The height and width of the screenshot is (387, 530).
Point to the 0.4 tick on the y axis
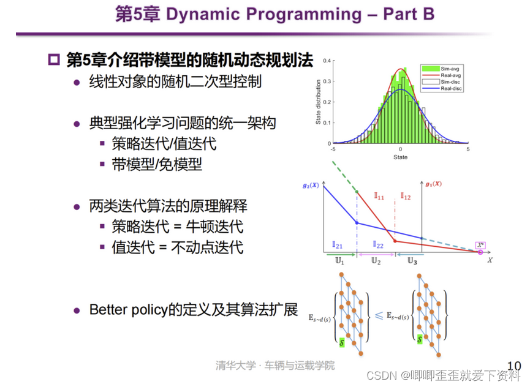[327, 61]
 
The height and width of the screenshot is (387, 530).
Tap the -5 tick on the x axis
[333, 149]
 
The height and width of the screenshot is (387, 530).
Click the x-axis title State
[400, 157]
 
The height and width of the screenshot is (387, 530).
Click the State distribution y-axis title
[318, 102]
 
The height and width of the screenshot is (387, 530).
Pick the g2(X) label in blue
[311, 186]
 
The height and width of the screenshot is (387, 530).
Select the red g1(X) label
[434, 184]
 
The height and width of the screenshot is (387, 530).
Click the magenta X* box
[480, 246]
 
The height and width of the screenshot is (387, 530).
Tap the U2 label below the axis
[376, 261]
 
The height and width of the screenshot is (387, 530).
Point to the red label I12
[406, 196]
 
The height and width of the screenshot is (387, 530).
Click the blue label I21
[338, 245]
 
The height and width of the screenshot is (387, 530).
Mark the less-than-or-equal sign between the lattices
[379, 316]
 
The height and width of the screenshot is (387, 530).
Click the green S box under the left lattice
[342, 342]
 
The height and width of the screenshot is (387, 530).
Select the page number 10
[514, 366]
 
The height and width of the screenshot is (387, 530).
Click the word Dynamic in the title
[203, 15]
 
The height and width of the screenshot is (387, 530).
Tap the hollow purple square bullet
[54, 59]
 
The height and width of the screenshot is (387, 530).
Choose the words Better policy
[129, 310]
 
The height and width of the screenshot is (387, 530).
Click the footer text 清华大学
[236, 365]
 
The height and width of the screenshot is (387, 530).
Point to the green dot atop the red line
[357, 192]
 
